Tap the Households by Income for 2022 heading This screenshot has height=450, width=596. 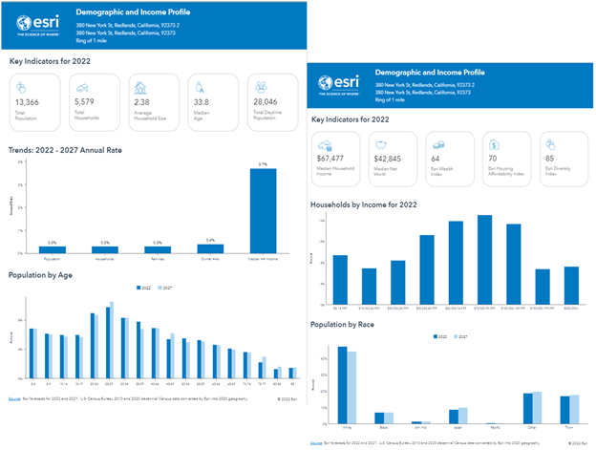pos(367,204)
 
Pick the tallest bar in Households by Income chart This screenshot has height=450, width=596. pos(485,258)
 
